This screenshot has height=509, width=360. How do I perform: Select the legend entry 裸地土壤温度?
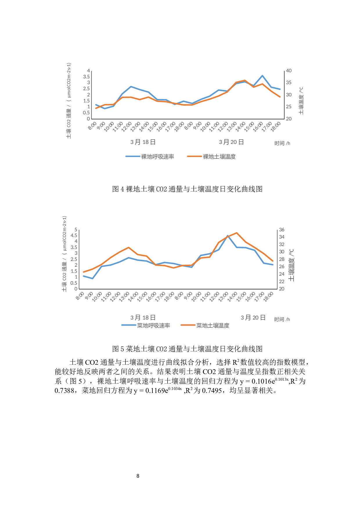click(x=219, y=157)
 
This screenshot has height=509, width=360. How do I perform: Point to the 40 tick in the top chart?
click(x=289, y=71)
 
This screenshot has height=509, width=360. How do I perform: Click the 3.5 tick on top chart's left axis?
click(x=86, y=77)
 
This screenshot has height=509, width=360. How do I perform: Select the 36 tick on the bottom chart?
click(x=282, y=230)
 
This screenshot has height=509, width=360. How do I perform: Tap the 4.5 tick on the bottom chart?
click(x=74, y=236)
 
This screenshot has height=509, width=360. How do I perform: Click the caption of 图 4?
click(x=187, y=189)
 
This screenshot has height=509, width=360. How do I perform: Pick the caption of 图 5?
click(x=187, y=349)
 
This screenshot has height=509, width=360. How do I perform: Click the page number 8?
click(x=138, y=476)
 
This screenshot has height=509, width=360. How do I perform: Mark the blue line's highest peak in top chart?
click(x=262, y=76)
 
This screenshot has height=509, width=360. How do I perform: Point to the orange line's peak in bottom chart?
click(x=237, y=233)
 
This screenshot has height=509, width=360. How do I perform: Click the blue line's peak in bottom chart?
click(x=228, y=236)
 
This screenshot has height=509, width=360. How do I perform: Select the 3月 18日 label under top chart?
click(x=143, y=142)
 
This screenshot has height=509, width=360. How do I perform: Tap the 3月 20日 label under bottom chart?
click(x=253, y=318)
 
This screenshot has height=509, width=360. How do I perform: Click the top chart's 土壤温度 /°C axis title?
click(x=301, y=101)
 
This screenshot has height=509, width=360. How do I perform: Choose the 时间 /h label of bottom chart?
click(x=282, y=320)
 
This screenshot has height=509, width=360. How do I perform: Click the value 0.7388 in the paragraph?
click(x=64, y=391)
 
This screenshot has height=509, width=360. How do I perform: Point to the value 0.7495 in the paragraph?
click(x=212, y=391)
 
